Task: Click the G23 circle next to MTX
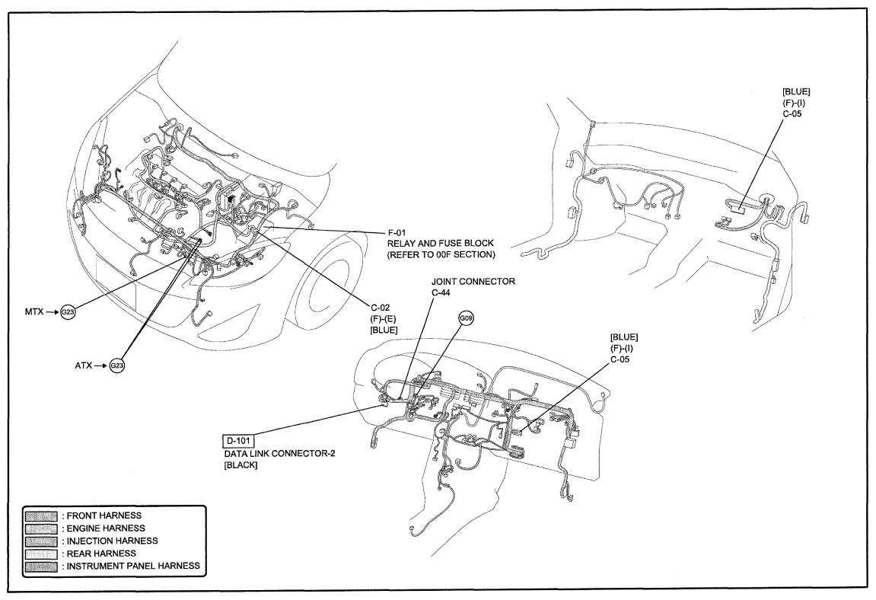click(68, 312)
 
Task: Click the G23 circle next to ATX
click(116, 365)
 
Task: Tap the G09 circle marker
click(466, 319)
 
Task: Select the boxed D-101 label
click(239, 441)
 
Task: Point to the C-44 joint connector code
click(441, 292)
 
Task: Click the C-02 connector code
click(381, 308)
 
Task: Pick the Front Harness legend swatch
click(41, 515)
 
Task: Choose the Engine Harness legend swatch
click(41, 528)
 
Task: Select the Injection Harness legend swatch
click(41, 541)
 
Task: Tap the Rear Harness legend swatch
click(41, 554)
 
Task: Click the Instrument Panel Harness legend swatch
click(41, 566)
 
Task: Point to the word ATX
click(83, 365)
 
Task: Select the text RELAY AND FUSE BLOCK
click(441, 243)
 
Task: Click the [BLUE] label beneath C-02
click(384, 330)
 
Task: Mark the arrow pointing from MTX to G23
click(52, 312)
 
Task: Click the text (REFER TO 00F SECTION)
click(441, 255)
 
